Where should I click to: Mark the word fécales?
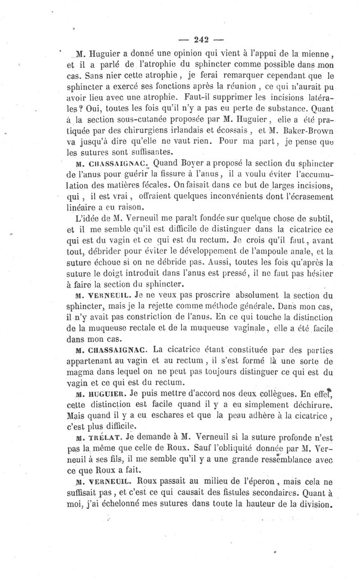tap(191, 185)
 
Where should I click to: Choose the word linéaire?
tap(83, 207)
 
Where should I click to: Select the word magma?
tap(82, 372)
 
